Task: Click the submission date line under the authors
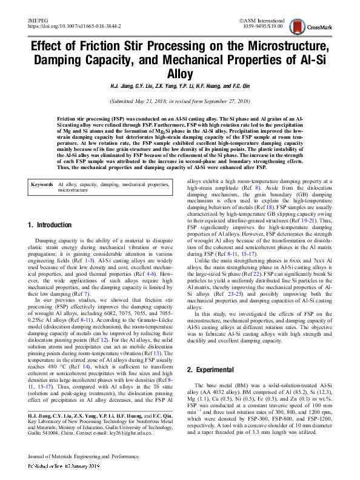180,101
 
